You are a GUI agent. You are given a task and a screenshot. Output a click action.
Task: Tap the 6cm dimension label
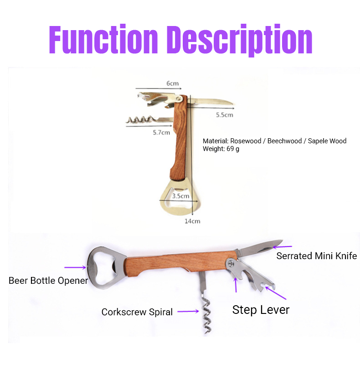(172, 83)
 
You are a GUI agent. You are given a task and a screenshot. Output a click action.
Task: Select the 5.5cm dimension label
(224, 115)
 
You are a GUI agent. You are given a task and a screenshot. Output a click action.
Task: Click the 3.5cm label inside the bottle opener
(180, 196)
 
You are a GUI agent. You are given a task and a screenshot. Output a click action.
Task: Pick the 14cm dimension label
(192, 221)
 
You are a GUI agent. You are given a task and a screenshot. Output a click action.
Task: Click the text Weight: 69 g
(221, 149)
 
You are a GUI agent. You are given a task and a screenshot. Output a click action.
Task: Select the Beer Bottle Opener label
(48, 281)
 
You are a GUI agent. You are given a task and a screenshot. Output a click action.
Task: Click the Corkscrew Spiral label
(137, 312)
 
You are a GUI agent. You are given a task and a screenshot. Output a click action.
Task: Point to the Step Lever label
(261, 310)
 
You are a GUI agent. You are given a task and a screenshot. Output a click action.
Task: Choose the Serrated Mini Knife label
(317, 256)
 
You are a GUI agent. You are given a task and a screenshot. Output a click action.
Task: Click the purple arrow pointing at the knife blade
(283, 246)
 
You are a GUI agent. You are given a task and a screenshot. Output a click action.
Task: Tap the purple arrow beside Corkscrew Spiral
(188, 312)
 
